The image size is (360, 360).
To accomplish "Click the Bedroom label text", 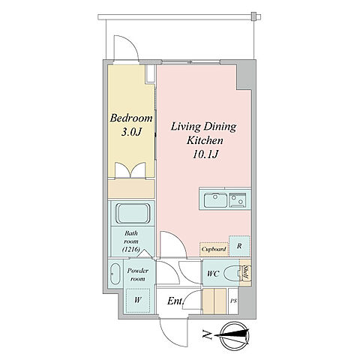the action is point(131,118).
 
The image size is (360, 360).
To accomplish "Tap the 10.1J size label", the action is point(205,154).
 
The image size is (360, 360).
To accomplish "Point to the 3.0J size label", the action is point(131,132).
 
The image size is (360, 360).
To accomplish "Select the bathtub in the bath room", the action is point(133,214).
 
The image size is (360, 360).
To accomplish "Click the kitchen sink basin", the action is point(215,200).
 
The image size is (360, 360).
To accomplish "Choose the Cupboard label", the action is point(214,249).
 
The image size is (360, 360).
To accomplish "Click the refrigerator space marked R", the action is point(239,246).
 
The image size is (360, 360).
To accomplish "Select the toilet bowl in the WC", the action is point(232,274).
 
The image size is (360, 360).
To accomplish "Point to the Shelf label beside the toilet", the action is point(246,273).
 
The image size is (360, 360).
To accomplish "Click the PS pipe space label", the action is point(233,301).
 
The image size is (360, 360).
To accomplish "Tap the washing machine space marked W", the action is point(138,300).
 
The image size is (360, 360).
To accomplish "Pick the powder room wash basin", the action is point(115,274).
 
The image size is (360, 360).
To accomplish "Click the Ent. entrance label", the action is point(175,301).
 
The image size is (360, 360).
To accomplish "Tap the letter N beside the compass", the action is point(207,335).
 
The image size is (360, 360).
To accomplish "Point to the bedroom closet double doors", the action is point(130,170).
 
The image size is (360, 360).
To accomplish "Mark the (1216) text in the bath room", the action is point(131,249).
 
